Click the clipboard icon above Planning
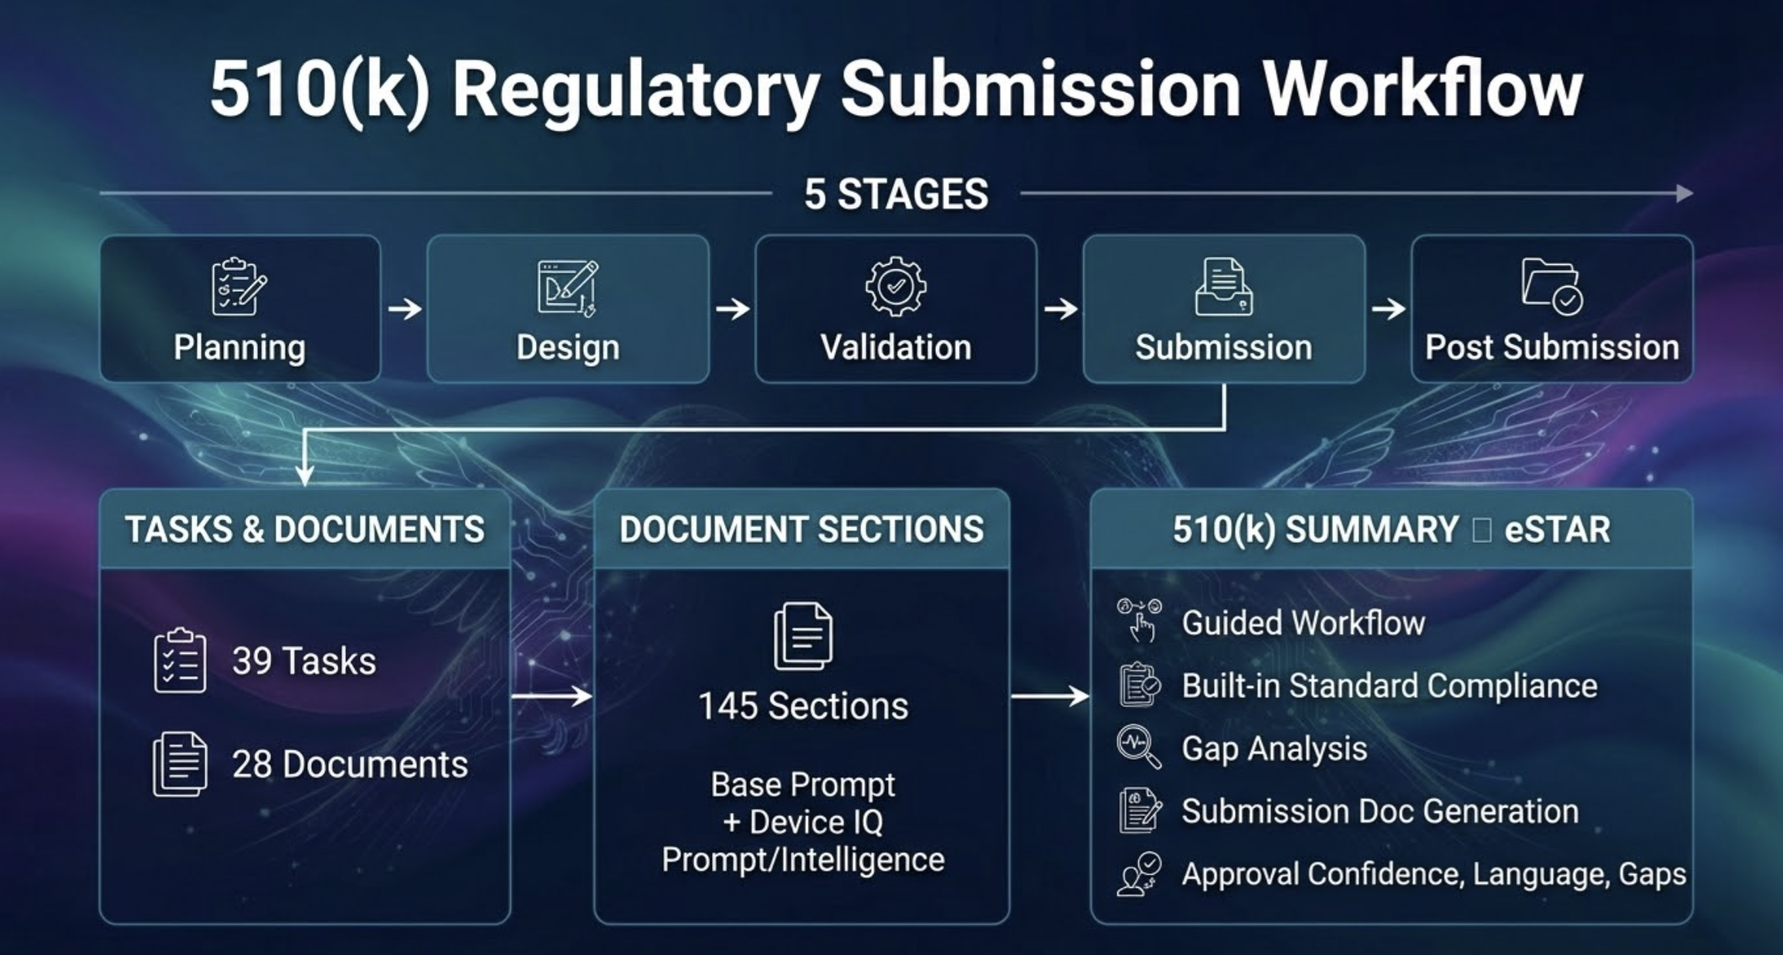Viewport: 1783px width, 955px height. coord(239,286)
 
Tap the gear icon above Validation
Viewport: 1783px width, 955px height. coord(896,286)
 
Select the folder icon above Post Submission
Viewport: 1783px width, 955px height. coord(1551,286)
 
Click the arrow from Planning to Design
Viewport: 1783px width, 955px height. coord(405,309)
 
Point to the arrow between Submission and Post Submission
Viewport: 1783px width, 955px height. coord(1388,309)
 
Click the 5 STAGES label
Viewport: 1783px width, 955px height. coord(896,194)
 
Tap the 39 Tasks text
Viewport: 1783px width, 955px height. coord(303,661)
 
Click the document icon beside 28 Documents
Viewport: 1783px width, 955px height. coord(180,764)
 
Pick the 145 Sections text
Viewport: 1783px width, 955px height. coord(803,706)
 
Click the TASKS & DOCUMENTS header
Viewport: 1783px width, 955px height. coord(305,530)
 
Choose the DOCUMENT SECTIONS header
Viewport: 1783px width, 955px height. coord(802,530)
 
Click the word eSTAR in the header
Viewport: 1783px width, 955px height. coord(1557,530)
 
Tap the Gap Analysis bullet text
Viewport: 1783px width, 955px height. coord(1274,748)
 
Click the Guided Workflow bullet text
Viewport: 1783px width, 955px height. coord(1303,622)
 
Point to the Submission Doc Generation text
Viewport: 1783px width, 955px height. coord(1380,811)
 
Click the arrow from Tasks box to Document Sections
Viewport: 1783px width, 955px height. coord(551,696)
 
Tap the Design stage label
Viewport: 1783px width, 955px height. coord(568,347)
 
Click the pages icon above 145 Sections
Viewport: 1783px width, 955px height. coord(803,636)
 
